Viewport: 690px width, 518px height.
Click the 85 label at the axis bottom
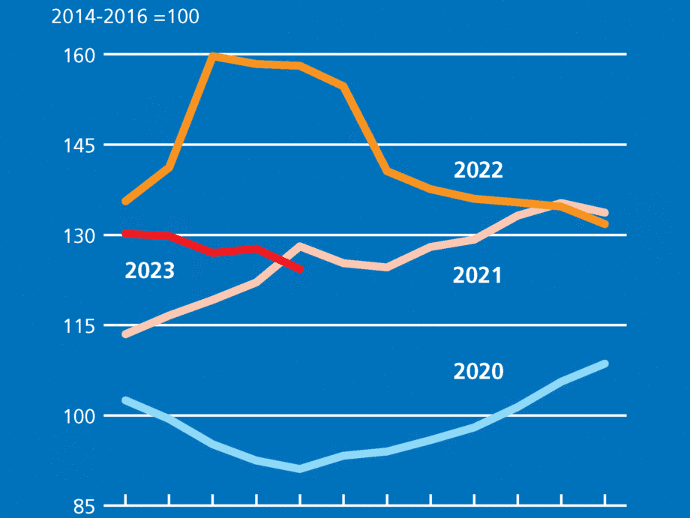tap(79, 506)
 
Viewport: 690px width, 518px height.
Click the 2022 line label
tap(478, 170)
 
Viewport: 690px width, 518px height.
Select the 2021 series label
tap(477, 276)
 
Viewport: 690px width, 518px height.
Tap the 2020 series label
tap(478, 371)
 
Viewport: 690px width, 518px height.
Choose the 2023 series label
tap(149, 271)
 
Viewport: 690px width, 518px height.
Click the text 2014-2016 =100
tap(125, 16)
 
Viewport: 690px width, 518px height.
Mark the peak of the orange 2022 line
tap(213, 55)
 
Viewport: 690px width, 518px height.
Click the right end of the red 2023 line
tap(300, 269)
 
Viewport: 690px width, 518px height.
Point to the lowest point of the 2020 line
tap(300, 469)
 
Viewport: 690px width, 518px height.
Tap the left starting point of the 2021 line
tap(125, 334)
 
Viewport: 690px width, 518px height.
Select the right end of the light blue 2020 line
tap(604, 364)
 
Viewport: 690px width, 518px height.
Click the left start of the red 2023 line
tap(125, 234)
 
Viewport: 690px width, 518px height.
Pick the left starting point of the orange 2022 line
tap(125, 201)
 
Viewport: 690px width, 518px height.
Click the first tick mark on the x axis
tap(125, 500)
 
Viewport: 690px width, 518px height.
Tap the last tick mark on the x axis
tap(604, 500)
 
